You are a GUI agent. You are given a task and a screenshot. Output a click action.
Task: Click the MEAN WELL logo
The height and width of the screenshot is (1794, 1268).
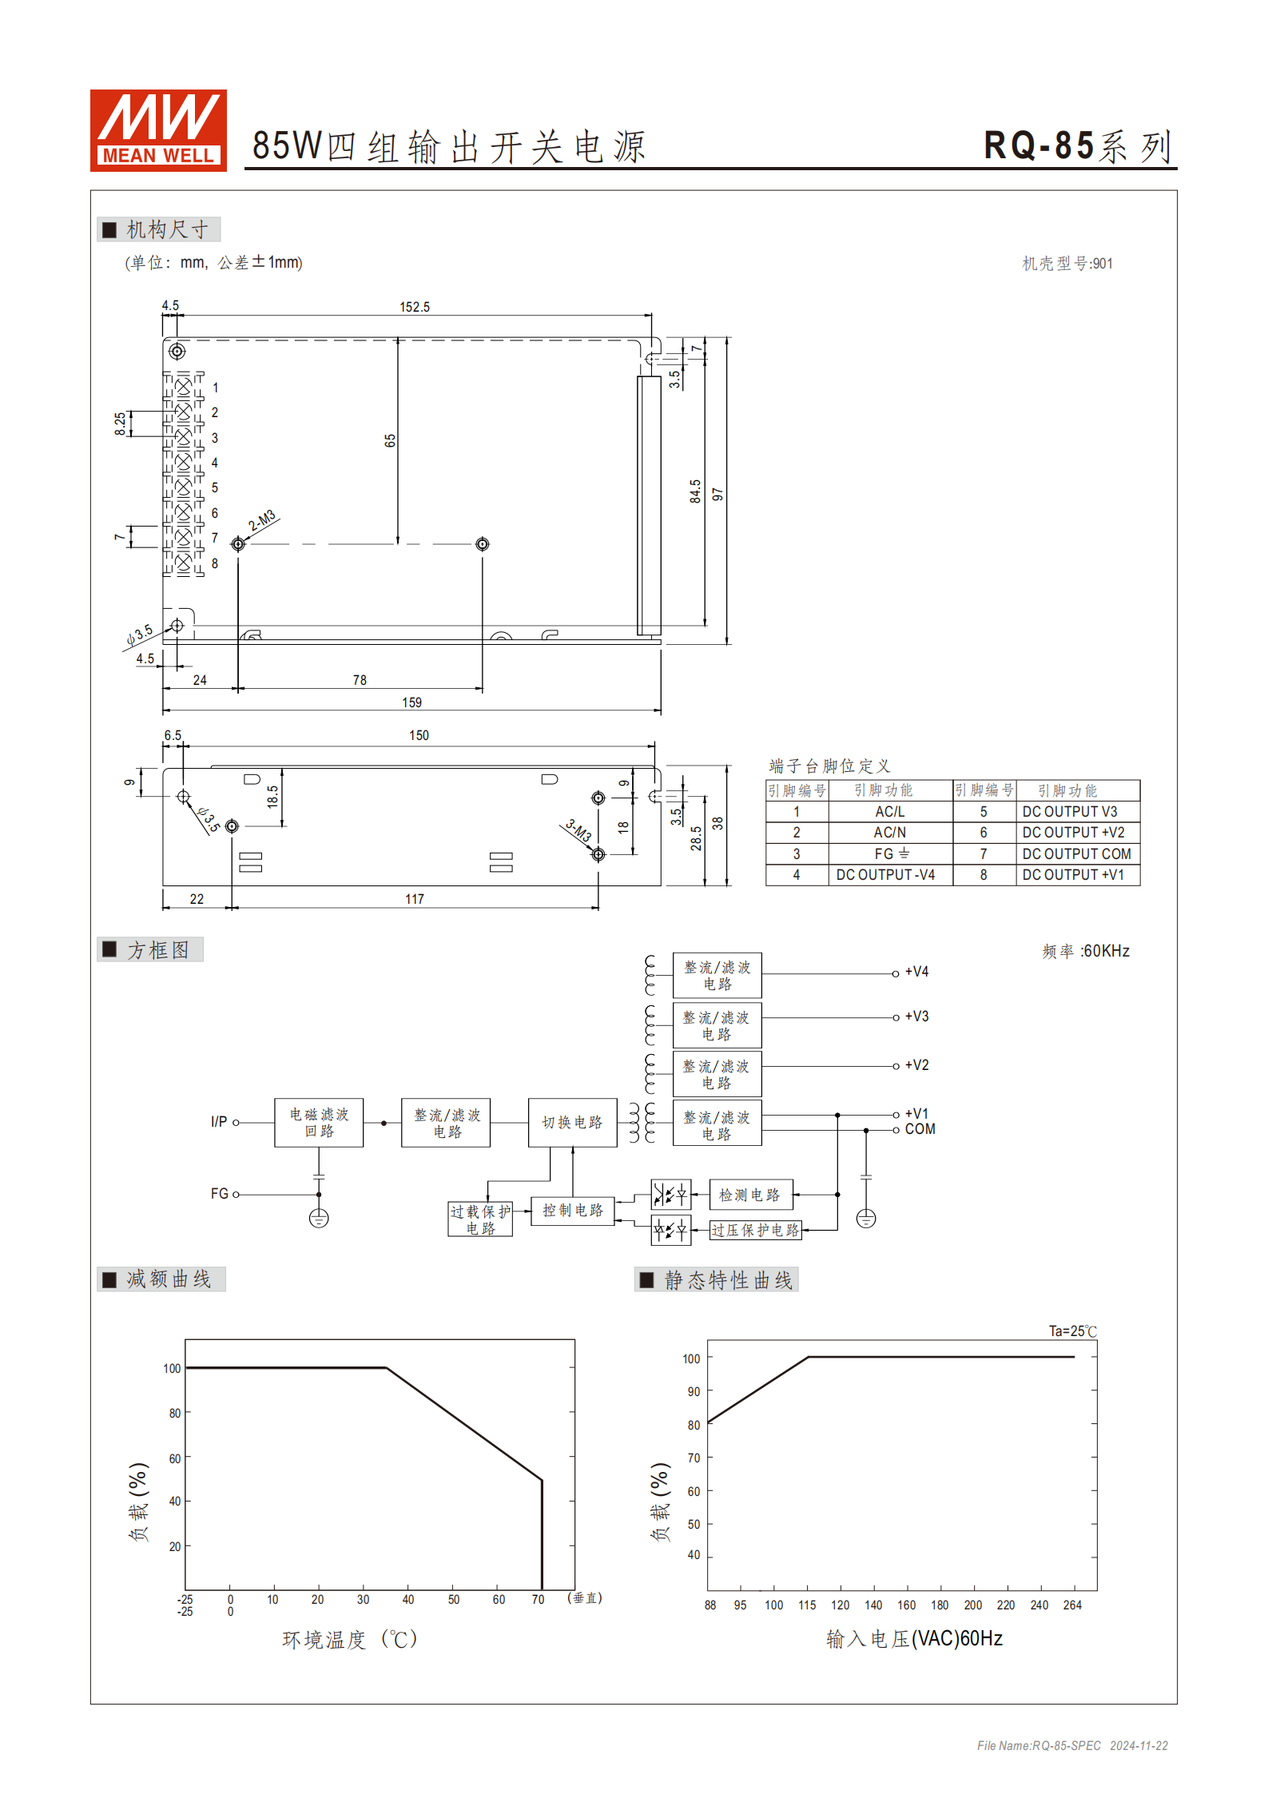click(x=158, y=130)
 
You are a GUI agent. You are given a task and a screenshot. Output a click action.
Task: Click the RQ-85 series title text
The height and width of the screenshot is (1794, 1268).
click(x=1078, y=147)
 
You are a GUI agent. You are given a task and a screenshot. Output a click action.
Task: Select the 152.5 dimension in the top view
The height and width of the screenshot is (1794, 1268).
click(x=415, y=307)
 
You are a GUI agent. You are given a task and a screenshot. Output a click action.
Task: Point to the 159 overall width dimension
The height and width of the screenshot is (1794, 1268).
click(x=411, y=702)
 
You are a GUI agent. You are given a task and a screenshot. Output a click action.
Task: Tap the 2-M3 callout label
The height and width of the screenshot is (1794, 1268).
click(x=262, y=520)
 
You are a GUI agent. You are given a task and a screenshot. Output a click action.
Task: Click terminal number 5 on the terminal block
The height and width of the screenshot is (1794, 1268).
click(x=214, y=487)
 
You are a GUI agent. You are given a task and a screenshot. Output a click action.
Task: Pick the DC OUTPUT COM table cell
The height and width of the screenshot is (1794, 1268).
click(x=1076, y=853)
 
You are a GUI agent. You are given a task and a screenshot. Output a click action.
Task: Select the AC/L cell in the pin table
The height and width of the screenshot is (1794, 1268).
click(x=889, y=812)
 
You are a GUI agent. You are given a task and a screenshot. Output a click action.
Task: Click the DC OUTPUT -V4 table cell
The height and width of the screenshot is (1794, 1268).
click(x=885, y=875)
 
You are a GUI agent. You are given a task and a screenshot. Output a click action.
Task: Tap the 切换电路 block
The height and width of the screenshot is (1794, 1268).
click(x=572, y=1123)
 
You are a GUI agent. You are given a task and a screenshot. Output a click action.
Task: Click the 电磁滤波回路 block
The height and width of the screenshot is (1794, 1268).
click(x=319, y=1123)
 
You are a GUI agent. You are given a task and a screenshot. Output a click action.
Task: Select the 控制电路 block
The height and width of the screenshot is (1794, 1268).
click(x=573, y=1211)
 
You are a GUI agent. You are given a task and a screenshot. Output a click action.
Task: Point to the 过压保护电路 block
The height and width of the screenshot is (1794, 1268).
click(x=755, y=1230)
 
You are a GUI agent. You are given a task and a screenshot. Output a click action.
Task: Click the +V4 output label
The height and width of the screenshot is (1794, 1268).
click(x=916, y=972)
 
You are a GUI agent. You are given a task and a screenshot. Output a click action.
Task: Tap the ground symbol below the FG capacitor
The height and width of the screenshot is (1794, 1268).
click(x=319, y=1219)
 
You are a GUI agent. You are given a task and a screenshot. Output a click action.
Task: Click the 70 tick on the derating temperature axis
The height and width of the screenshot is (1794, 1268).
click(x=538, y=1600)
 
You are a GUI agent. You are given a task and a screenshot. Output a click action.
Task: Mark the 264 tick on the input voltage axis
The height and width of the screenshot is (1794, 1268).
click(x=1072, y=1605)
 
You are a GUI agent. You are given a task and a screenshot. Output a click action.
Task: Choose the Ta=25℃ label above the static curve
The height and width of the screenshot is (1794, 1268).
click(x=1072, y=1331)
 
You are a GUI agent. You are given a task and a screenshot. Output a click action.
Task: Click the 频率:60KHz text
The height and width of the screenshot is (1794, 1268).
click(x=1086, y=951)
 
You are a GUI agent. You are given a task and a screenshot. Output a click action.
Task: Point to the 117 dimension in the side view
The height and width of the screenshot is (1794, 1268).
click(x=415, y=899)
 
